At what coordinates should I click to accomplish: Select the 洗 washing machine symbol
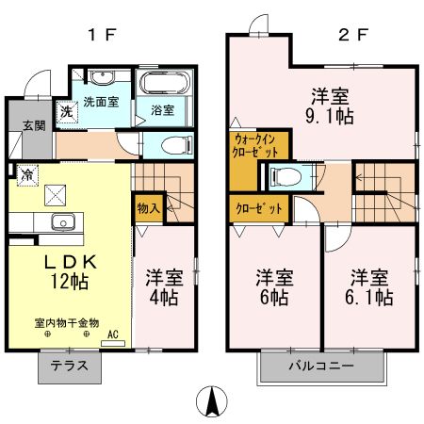coord(66,111)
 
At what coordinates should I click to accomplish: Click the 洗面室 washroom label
coord(100,102)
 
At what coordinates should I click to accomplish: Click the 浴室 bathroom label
coord(162,110)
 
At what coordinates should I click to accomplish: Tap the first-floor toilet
coord(171,144)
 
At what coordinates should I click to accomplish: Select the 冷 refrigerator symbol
coord(27,173)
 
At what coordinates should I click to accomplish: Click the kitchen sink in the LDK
coord(62,223)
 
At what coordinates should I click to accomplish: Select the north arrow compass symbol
coord(212,403)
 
